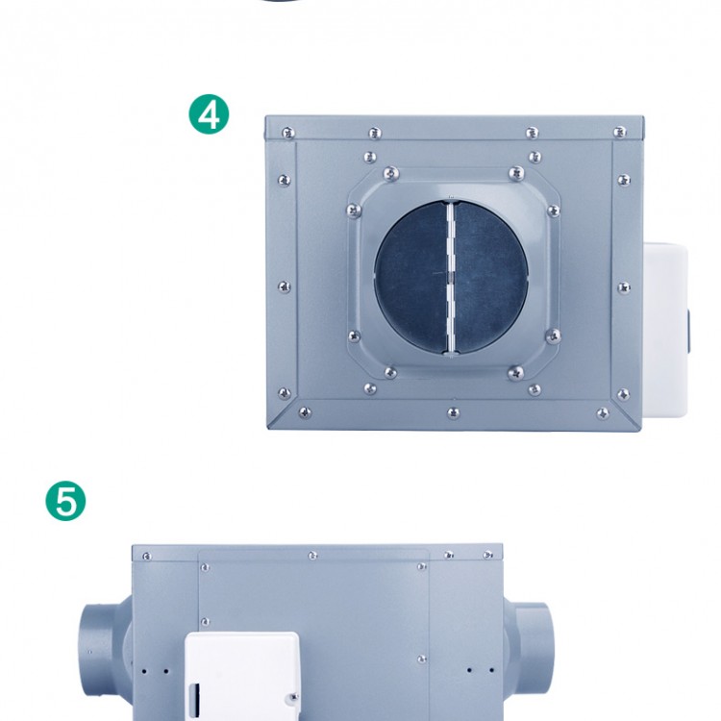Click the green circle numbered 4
pos(209,114)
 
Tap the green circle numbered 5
pos(65,501)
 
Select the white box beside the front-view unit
pos(665,330)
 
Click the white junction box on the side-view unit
pos(242,676)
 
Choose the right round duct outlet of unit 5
pos(530,648)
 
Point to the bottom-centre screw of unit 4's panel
pos(454,412)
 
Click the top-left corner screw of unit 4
pos(288,133)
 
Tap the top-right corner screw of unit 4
pos(620,133)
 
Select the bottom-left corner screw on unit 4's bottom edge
pos(305,412)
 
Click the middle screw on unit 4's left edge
pos(285,287)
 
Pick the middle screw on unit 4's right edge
pos(624,287)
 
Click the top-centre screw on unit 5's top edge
pos(312,556)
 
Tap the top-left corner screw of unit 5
pos(147,557)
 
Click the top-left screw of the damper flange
pos(391,174)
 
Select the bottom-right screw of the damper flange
pos(516,372)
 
